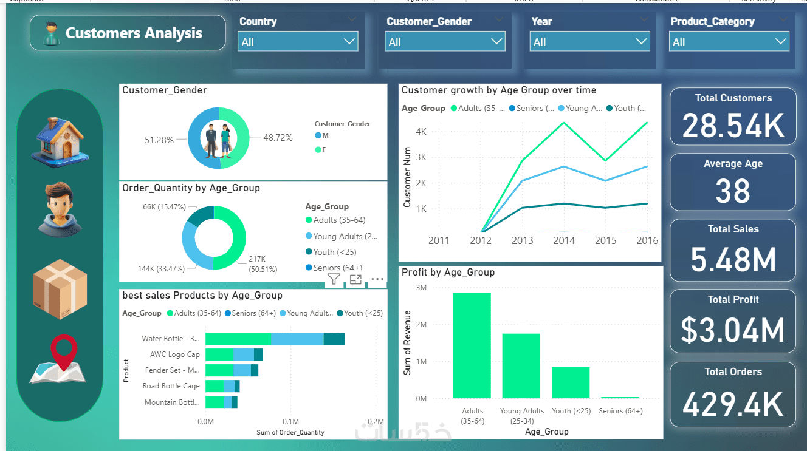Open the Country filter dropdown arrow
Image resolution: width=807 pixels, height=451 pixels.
tap(349, 42)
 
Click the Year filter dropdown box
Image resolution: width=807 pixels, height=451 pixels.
tap(590, 42)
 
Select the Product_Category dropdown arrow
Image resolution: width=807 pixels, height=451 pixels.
tap(781, 42)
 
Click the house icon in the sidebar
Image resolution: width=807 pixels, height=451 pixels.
tap(61, 141)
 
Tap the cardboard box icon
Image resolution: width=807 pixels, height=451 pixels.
tap(60, 289)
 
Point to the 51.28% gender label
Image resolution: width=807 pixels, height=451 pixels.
tap(159, 140)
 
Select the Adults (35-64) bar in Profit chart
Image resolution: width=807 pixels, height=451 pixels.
tap(472, 345)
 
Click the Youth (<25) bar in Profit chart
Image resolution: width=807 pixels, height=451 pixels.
tap(570, 382)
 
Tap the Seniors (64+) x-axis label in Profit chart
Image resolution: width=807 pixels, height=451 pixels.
tap(620, 411)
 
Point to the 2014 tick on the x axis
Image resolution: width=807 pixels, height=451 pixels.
tap(564, 240)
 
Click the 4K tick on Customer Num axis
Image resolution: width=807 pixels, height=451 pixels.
tap(421, 132)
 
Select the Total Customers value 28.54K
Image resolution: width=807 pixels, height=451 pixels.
tap(733, 126)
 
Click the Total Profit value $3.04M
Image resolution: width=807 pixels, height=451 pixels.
tap(733, 330)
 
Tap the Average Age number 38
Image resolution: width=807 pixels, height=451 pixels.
tap(733, 192)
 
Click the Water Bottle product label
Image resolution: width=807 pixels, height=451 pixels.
tap(170, 339)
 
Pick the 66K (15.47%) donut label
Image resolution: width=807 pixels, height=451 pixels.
tap(164, 207)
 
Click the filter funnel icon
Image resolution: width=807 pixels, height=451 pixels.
tap(334, 279)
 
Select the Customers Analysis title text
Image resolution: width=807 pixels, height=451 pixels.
tap(134, 33)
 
